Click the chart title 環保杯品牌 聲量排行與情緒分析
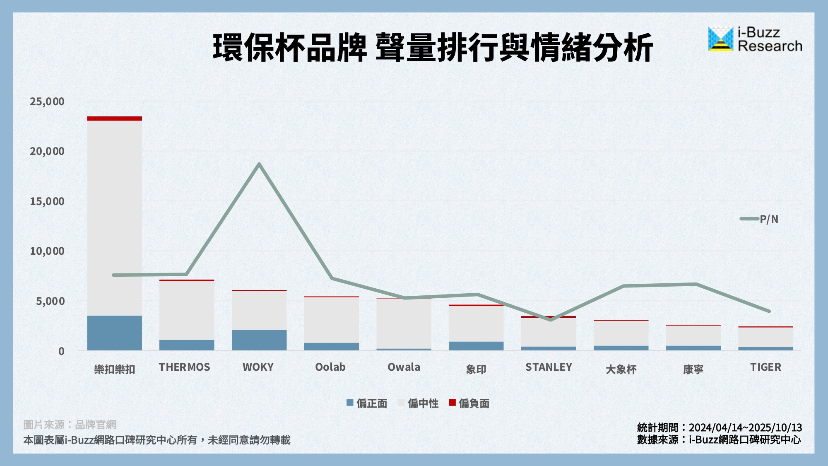click(433, 48)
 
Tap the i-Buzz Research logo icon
click(720, 39)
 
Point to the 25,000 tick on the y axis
click(47, 101)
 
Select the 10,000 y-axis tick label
click(47, 251)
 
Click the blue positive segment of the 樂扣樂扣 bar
click(114, 333)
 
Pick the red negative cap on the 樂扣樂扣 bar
click(114, 118)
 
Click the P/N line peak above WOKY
click(259, 164)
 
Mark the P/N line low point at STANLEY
click(550, 319)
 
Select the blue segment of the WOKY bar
click(259, 340)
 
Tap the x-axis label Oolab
click(330, 367)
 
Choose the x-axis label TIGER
click(765, 367)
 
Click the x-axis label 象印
click(476, 369)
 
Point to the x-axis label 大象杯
click(621, 369)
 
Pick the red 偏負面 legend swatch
click(453, 403)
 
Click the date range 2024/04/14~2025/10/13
click(745, 427)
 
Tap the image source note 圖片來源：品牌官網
click(70, 425)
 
